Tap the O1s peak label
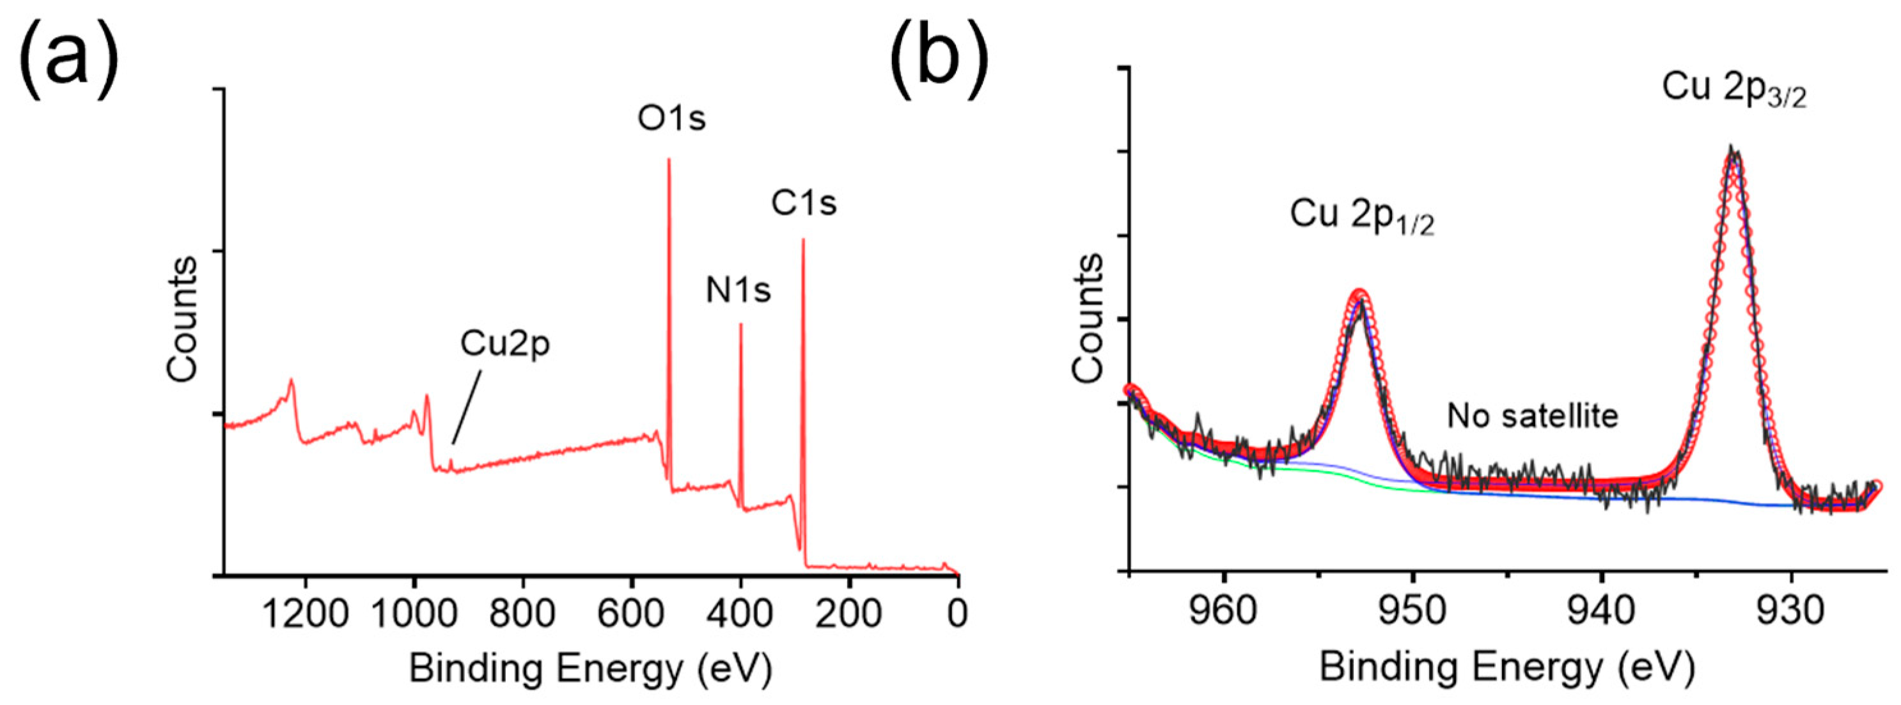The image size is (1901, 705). [x=671, y=119]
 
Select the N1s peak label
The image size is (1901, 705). [x=738, y=291]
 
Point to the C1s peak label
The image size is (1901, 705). [x=804, y=203]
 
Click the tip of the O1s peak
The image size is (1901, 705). [x=669, y=159]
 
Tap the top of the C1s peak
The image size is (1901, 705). [x=803, y=239]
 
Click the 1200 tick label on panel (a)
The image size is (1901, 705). [x=305, y=614]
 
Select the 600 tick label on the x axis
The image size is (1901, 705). [x=632, y=614]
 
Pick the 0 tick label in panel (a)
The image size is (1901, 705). [x=957, y=614]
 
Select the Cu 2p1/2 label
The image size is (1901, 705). [x=1362, y=216]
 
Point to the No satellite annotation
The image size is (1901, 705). [x=1532, y=416]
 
